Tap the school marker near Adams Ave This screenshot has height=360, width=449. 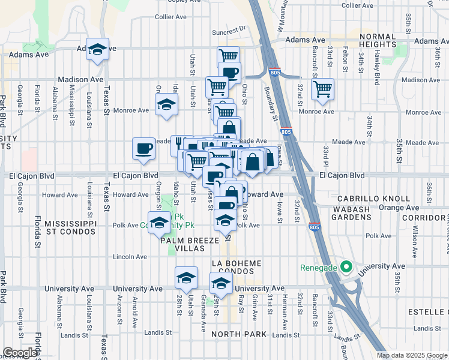[97, 50]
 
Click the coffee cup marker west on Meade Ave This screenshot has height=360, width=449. [143, 149]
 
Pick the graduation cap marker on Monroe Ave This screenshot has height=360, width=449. [166, 105]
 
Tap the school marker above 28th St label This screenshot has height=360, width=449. [187, 278]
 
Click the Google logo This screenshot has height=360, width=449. [20, 353]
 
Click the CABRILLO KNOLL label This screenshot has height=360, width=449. [373, 199]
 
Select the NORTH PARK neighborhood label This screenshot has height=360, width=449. [234, 334]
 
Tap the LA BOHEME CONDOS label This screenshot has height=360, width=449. [237, 268]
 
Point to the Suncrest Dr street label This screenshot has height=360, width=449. [229, 28]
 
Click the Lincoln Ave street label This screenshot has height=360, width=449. [130, 257]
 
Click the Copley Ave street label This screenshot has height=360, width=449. [187, 2]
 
